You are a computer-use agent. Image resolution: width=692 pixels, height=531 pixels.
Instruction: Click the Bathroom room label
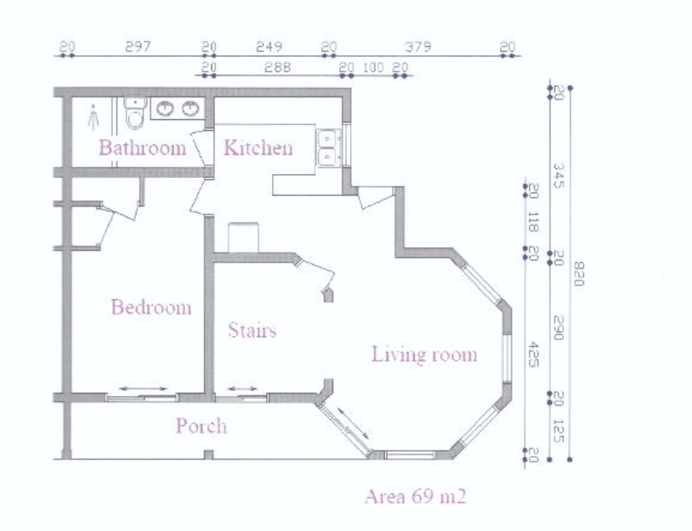142,147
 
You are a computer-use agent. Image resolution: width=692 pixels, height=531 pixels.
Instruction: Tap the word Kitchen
258,147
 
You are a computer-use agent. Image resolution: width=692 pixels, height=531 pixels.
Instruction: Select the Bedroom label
151,307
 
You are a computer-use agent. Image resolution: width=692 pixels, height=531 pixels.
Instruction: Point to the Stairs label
252,330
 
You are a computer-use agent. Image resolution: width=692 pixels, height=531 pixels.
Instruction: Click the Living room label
424,355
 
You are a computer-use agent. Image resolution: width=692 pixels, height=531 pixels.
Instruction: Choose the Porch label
201,426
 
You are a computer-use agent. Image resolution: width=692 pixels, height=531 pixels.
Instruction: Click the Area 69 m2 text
415,497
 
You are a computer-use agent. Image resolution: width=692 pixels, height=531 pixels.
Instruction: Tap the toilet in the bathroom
135,113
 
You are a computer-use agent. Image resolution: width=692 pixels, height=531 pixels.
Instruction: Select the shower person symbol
93,117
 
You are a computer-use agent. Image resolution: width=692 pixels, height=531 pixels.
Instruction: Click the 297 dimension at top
138,47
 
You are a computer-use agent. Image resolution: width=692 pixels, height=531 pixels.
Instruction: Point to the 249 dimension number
269,47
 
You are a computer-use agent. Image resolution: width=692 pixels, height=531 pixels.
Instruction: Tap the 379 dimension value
418,47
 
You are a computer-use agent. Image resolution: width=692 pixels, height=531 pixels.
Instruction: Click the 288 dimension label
278,67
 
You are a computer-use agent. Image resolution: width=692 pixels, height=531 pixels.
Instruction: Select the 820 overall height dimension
579,274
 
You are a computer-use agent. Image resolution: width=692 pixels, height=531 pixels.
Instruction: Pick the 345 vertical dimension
558,176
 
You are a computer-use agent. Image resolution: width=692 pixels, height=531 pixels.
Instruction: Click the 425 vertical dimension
534,355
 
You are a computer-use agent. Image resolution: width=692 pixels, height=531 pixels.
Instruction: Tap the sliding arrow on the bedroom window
143,389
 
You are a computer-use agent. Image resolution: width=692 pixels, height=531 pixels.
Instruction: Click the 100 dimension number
373,67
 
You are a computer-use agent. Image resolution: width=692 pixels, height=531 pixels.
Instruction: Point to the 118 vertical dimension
533,222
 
